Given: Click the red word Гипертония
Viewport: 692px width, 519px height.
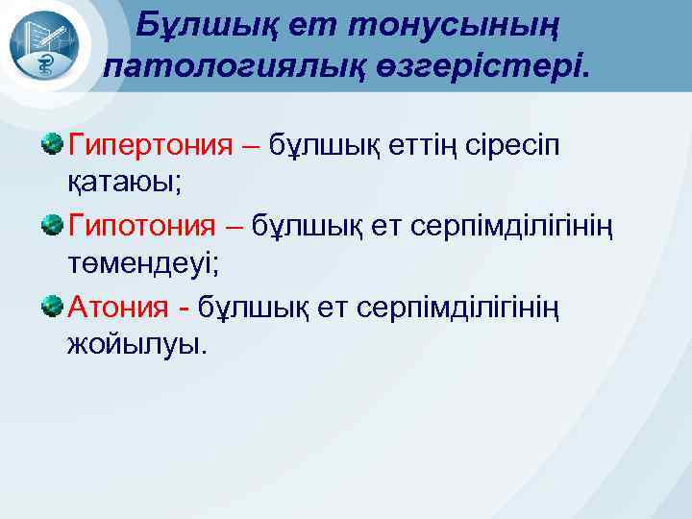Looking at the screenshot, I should click(151, 145).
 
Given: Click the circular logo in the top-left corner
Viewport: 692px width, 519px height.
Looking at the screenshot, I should click(45, 45).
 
